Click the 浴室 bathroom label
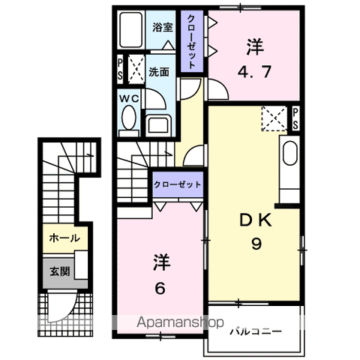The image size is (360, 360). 163,27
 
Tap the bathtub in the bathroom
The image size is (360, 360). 130,30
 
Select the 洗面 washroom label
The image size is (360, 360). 159,72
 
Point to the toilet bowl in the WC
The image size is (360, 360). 129,117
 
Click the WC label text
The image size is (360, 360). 129,99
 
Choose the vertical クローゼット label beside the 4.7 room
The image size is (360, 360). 191,41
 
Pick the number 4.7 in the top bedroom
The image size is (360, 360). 254,72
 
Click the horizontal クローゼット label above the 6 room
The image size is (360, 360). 177,184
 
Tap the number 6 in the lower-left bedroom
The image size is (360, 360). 160,288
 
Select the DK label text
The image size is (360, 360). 256,220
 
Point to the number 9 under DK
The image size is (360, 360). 256,244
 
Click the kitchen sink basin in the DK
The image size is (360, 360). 290,153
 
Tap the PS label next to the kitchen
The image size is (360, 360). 295,118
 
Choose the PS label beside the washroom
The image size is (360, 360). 120,69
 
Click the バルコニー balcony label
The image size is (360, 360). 256,331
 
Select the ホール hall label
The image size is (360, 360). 64,238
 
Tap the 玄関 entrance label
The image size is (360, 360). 59,271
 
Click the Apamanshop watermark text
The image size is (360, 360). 180,322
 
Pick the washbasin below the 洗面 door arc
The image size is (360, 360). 158,125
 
